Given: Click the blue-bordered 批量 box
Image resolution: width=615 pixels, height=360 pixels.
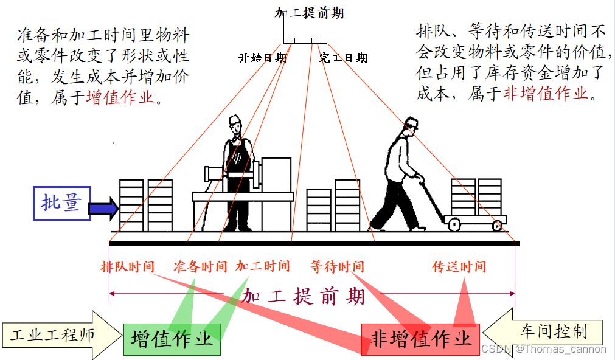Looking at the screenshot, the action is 61,202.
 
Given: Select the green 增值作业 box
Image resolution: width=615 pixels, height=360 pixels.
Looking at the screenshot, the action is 172,339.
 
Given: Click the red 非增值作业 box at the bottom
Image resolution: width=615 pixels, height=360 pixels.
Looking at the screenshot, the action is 420,339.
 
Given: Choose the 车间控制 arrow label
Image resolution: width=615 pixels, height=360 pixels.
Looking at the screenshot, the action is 554,331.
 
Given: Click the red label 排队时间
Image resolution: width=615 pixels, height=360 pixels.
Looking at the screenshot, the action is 128,266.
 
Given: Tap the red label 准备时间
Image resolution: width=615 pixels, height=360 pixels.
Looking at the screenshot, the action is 200,266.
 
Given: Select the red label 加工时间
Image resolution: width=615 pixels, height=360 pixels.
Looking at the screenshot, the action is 263,266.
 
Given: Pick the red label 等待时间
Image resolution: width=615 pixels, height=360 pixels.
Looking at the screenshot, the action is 337,266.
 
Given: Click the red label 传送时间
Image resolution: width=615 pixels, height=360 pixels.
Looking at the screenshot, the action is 459,266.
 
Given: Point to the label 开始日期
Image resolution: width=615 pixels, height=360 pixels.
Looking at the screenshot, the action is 262,58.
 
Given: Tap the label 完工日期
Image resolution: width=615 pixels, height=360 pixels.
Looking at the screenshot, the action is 344,58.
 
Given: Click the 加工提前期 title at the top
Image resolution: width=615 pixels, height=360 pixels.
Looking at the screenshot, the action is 309,13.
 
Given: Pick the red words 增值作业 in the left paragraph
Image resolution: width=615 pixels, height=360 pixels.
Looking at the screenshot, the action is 120,97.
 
